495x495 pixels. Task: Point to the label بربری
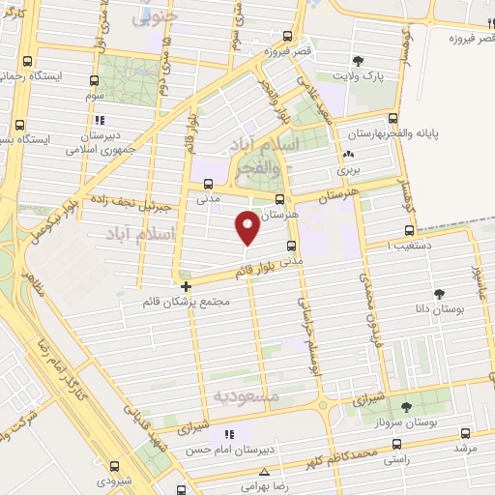click(347, 169)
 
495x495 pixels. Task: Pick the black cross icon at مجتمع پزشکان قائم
click(187, 286)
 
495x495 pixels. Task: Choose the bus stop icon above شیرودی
click(115, 464)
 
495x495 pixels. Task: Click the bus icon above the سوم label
click(95, 81)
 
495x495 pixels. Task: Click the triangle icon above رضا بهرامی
click(265, 472)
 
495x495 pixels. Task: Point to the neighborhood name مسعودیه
click(246, 397)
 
